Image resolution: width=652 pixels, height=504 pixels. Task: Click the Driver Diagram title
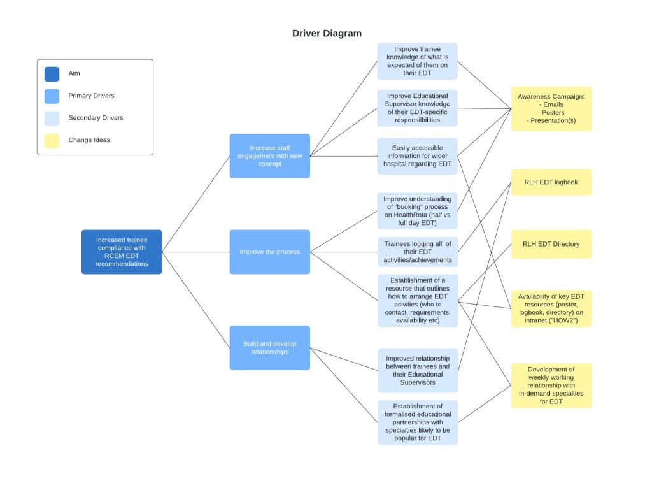coord(327,33)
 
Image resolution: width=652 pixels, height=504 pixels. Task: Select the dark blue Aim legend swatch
coord(52,74)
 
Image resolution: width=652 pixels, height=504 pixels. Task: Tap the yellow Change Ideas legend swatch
coord(52,140)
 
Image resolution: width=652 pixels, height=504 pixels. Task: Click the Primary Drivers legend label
coord(91,96)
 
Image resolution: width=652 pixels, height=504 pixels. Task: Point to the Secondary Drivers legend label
coord(96,118)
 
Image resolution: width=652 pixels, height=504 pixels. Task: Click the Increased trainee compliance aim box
coord(121,252)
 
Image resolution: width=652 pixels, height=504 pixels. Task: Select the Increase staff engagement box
coord(269,156)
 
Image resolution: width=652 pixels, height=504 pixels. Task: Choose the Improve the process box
coord(269,252)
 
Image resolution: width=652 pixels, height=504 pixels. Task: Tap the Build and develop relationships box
coord(269,347)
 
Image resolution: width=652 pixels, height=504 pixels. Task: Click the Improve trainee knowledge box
coord(417,61)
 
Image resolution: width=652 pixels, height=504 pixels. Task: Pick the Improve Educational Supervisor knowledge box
coord(417,108)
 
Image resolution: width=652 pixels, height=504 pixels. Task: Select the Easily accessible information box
coord(417,156)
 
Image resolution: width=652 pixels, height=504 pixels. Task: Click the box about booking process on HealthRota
coord(417,211)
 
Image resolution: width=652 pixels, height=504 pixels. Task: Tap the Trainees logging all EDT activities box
coord(417,251)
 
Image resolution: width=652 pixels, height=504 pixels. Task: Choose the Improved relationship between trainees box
coord(417,370)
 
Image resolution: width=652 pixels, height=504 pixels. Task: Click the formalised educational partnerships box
coord(417,422)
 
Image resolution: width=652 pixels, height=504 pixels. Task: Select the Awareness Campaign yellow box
coord(551,108)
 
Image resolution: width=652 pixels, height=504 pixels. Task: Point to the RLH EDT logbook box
coord(551,182)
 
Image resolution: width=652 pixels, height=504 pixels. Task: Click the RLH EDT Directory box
coord(551,244)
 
